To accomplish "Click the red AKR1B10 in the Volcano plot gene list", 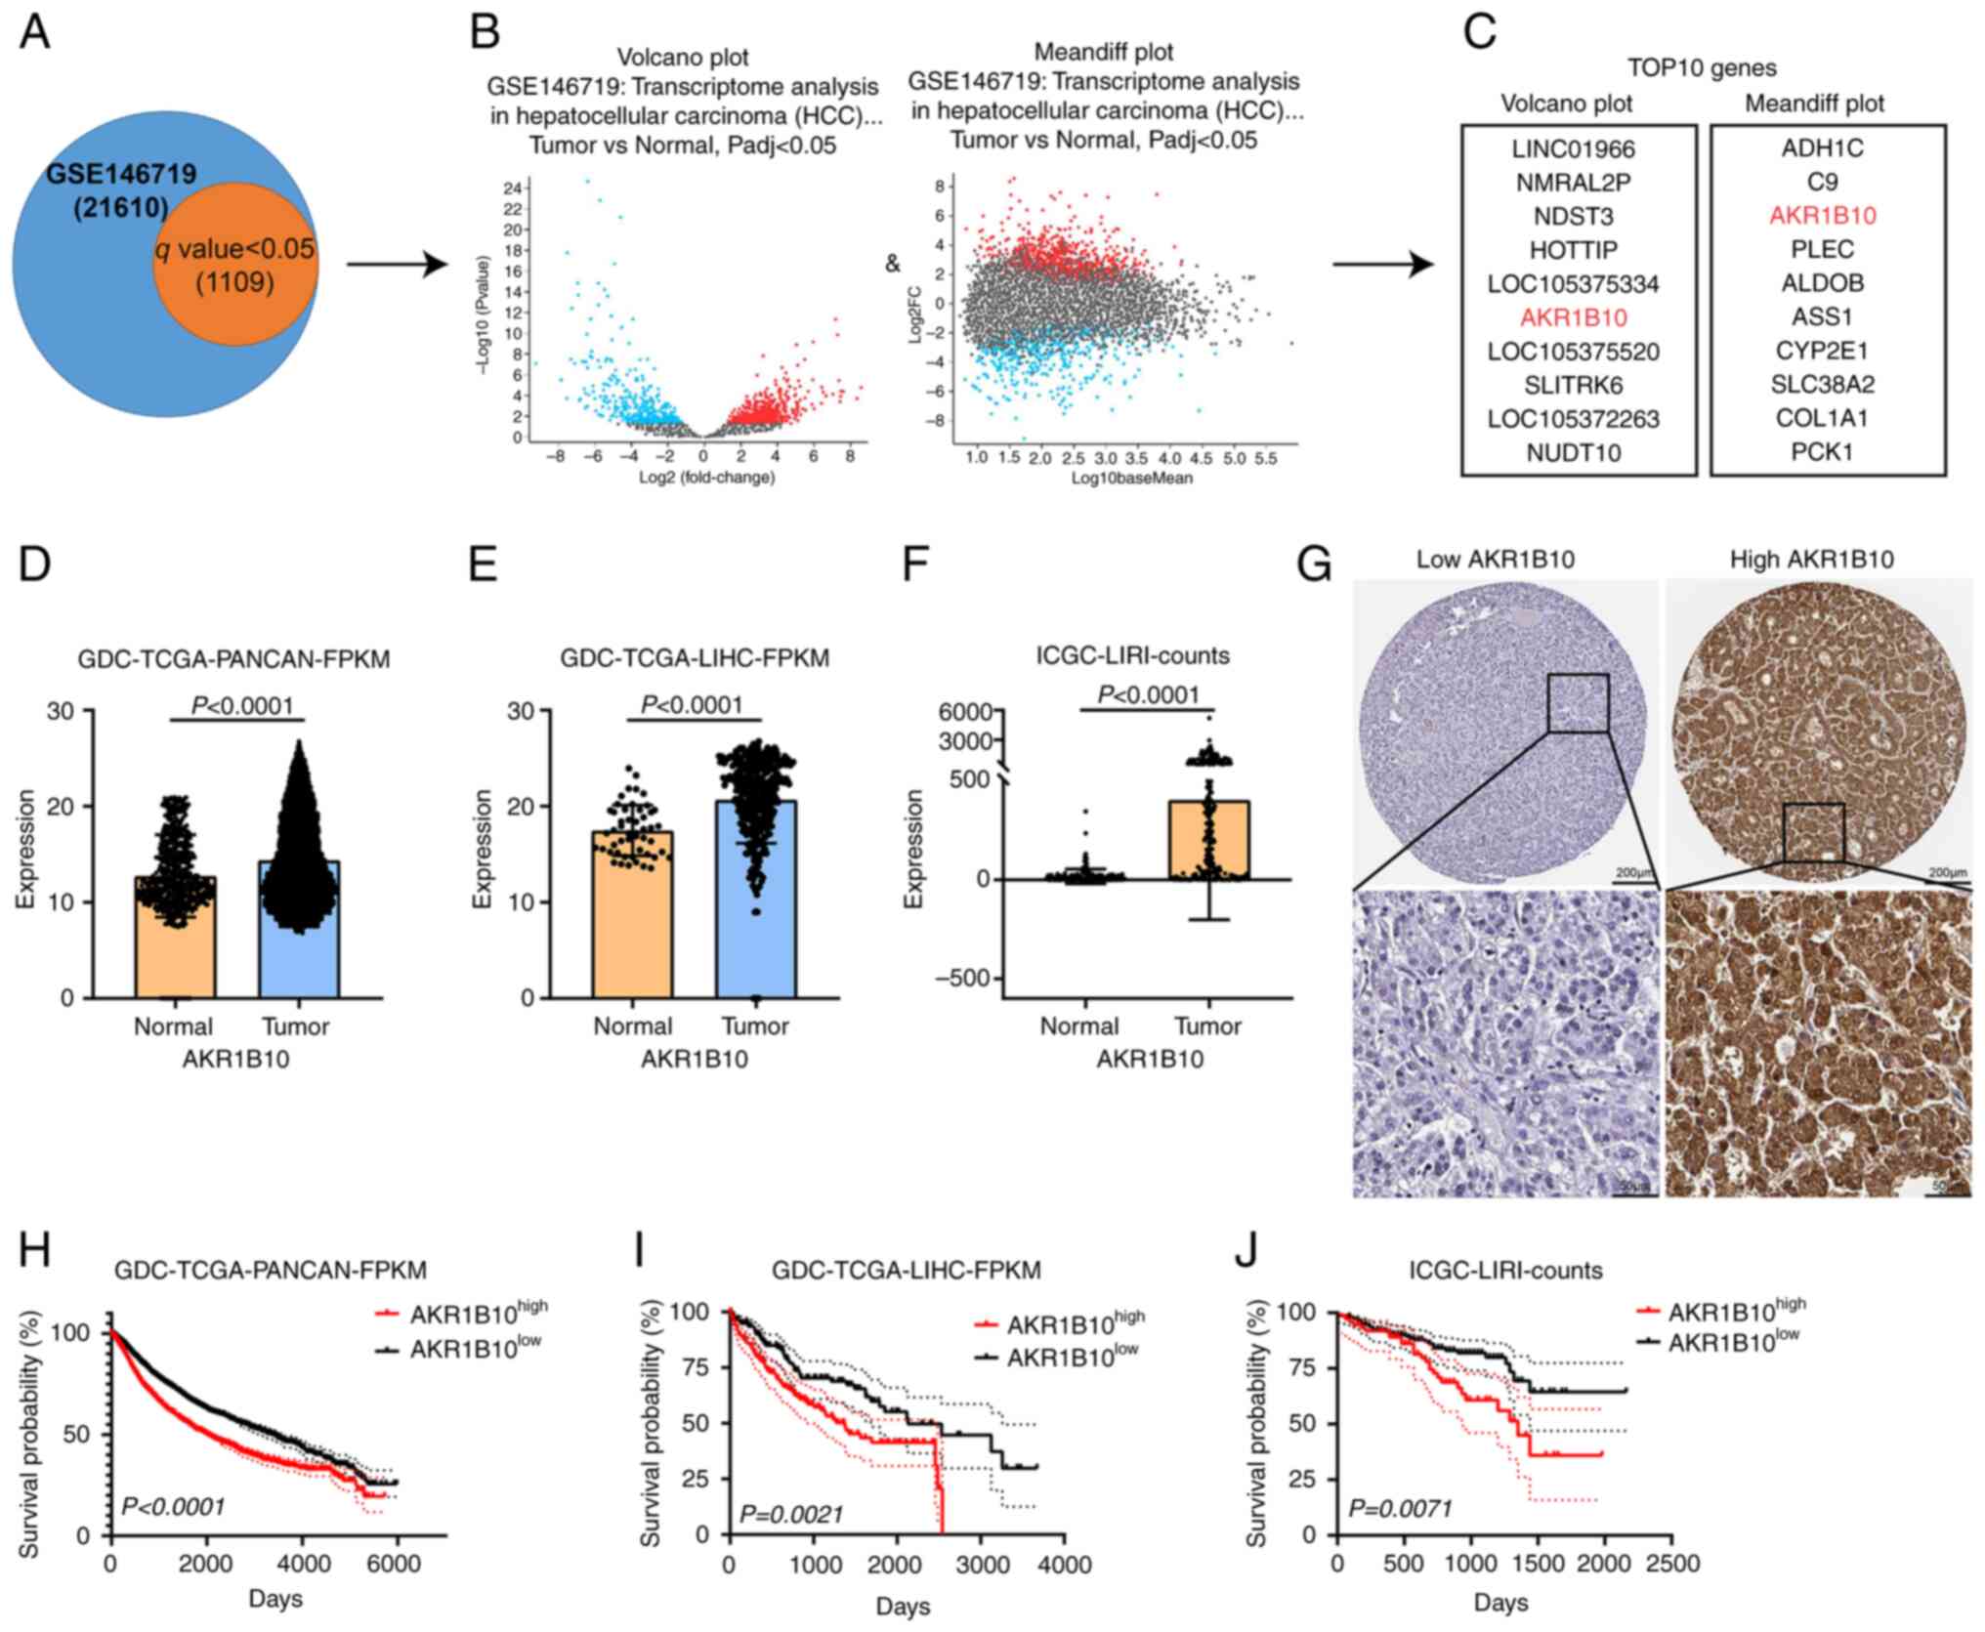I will point(1573,317).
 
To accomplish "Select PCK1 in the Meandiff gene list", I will point(1822,451).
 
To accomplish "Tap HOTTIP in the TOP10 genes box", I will point(1573,250).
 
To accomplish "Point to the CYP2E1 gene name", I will point(1822,351).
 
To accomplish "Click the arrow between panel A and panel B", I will point(396,264).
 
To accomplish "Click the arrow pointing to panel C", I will point(1382,264).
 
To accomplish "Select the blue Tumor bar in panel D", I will point(299,928).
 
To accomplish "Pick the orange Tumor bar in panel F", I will point(1209,840).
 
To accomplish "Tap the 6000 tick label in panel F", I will point(965,711).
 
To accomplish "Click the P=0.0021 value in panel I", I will point(791,1515).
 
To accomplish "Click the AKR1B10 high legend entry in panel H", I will point(464,1312).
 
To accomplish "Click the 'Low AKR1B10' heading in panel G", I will point(1496,560).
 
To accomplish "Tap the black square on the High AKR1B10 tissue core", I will point(1813,833).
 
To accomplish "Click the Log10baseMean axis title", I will point(1131,479).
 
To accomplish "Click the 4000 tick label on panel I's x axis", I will point(1064,1566).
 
